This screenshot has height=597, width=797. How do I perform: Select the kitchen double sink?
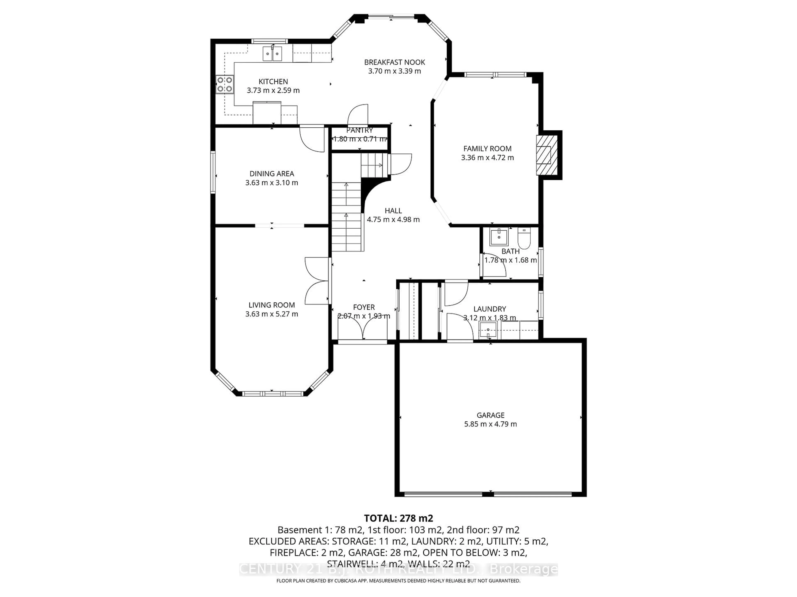tap(272, 54)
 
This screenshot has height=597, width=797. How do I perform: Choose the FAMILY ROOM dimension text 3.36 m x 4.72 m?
tap(487, 158)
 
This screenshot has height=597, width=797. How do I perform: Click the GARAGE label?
tap(490, 415)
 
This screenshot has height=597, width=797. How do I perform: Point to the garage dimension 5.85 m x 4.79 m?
tap(490, 424)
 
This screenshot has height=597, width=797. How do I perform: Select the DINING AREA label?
tap(272, 174)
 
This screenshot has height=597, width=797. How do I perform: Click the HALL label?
tap(393, 211)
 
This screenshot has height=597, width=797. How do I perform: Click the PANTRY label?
tap(360, 130)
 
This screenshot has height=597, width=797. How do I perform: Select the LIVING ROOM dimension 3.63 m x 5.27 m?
tap(272, 314)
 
